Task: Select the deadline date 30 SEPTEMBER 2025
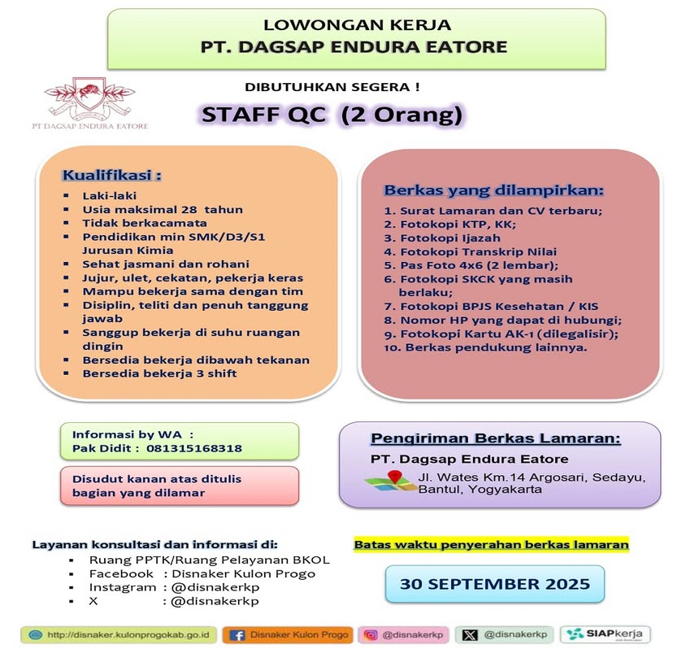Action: [x=494, y=584]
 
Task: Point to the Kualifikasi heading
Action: [x=112, y=176]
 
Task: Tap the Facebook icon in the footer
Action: [x=238, y=634]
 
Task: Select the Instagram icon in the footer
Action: [x=371, y=634]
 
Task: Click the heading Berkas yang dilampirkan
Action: [x=493, y=190]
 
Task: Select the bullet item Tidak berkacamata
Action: [x=144, y=223]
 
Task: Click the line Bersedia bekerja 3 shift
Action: [x=170, y=374]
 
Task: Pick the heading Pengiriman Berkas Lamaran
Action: [x=496, y=438]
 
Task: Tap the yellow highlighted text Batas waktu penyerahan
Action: [x=491, y=544]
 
